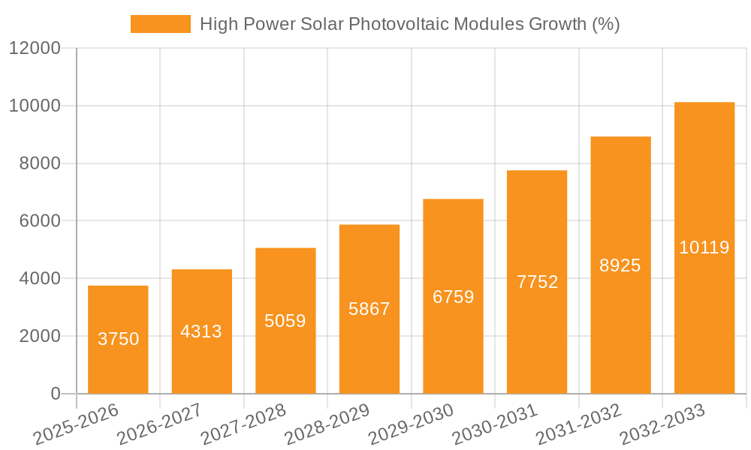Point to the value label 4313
point(201,331)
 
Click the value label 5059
point(285,321)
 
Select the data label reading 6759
point(453,297)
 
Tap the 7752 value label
point(537,282)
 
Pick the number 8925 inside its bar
point(620,265)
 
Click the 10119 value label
point(704,247)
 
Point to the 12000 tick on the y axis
point(35,49)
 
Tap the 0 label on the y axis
point(55,394)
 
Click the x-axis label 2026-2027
point(159,424)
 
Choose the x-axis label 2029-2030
point(411,424)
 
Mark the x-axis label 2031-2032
point(578,424)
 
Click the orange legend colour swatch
point(160,24)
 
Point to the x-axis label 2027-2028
point(243,424)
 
